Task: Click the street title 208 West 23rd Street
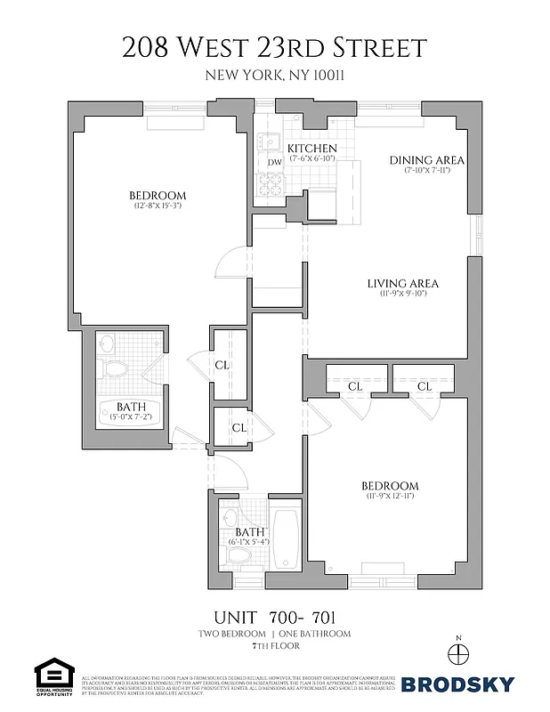coord(274,47)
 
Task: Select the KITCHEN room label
coord(311,148)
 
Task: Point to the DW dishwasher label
coord(274,163)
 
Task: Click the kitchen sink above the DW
coord(271,142)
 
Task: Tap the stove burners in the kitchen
coord(270,184)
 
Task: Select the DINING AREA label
coord(427,160)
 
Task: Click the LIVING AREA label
coord(403,284)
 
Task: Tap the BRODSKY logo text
coord(457,684)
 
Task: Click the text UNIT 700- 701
coord(274,617)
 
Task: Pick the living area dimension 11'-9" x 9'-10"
coord(403,295)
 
